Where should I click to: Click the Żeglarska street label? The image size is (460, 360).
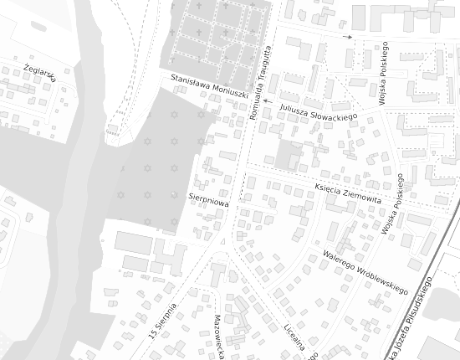[39, 72]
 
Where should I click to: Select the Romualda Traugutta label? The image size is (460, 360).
[261, 81]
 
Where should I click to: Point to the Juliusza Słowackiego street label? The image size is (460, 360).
[319, 111]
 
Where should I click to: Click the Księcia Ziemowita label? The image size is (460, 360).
[348, 194]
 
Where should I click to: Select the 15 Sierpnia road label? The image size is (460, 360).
[163, 321]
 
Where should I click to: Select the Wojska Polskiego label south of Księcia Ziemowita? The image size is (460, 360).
[394, 205]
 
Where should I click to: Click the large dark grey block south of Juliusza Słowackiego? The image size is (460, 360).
[288, 156]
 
